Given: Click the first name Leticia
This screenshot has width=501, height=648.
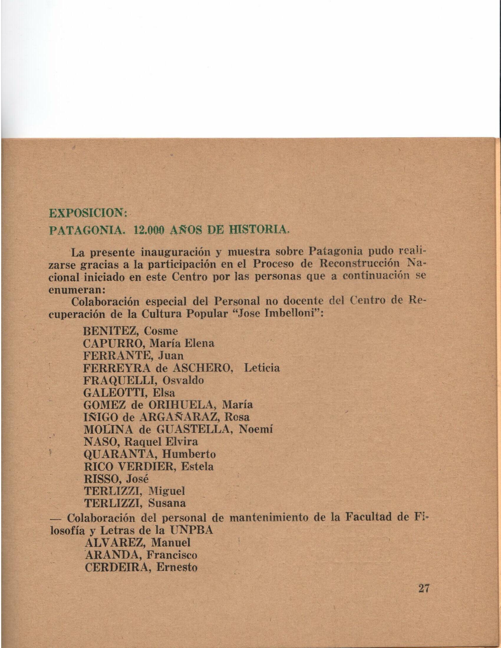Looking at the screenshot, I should click(x=261, y=368).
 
